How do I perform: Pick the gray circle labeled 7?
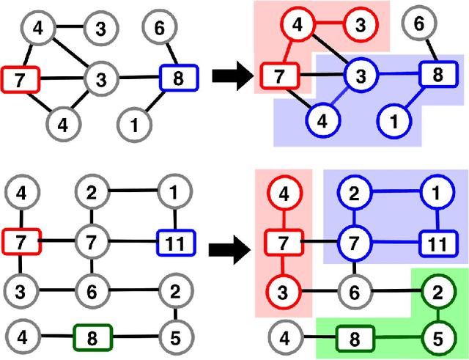click(x=92, y=240)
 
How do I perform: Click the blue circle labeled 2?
click(x=355, y=194)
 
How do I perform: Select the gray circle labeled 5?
click(x=174, y=339)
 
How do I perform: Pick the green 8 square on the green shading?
click(x=354, y=339)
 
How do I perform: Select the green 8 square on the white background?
click(x=92, y=338)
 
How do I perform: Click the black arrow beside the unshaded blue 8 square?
click(x=229, y=76)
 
